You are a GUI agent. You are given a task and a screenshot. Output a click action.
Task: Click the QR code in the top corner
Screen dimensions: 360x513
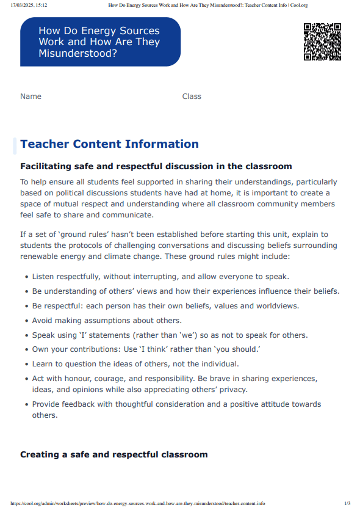pos(322,42)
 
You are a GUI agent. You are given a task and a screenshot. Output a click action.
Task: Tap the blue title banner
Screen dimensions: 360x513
pos(101,42)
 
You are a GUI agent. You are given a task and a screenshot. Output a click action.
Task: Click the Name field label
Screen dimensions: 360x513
pos(31,96)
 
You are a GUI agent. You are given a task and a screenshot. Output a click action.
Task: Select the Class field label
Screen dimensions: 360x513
pos(192,96)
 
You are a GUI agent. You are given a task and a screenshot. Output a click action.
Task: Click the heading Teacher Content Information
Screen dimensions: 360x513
pos(109,144)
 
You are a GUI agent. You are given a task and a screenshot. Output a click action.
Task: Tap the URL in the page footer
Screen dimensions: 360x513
pos(137,504)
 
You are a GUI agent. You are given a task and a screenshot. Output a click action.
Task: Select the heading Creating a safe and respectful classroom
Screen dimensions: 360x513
pos(113,454)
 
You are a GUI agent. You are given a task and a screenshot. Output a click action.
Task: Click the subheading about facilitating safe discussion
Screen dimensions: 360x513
pos(156,166)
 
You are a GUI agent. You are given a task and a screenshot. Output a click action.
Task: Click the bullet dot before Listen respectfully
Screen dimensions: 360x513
pos(27,277)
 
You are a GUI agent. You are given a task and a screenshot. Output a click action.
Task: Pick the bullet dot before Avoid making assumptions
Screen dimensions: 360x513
pos(27,321)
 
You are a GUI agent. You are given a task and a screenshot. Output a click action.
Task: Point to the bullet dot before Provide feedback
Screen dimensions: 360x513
pos(27,404)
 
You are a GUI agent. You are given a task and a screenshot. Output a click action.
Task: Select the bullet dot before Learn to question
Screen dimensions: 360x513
pos(27,365)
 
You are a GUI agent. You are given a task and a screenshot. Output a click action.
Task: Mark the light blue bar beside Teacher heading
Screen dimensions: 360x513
pos(15,145)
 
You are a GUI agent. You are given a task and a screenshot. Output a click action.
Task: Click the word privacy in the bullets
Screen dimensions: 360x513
pos(232,390)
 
